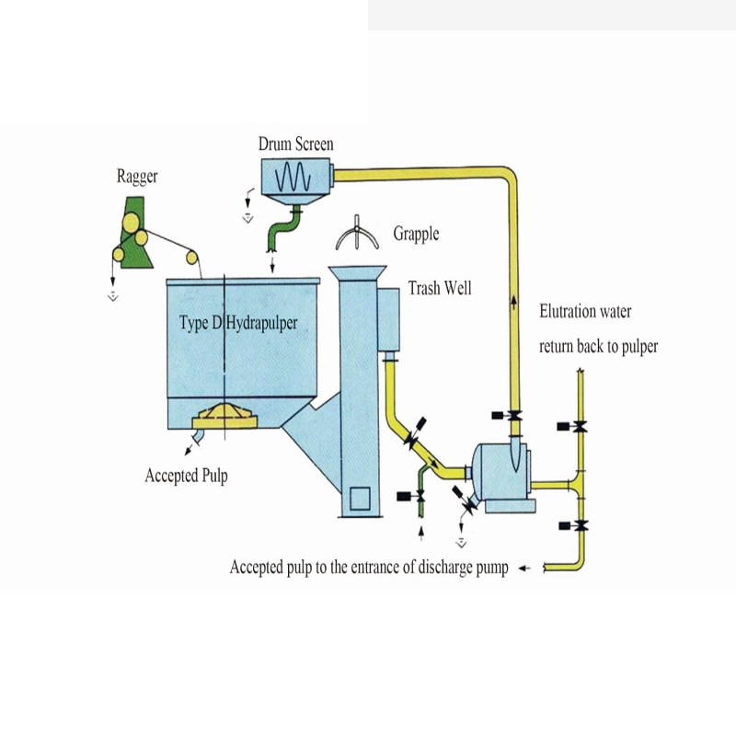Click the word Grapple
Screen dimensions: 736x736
point(416,234)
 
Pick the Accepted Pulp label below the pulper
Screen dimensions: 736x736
point(186,476)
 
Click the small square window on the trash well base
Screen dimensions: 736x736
point(358,498)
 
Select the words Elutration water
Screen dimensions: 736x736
point(585,312)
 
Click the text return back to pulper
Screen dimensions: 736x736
point(598,347)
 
